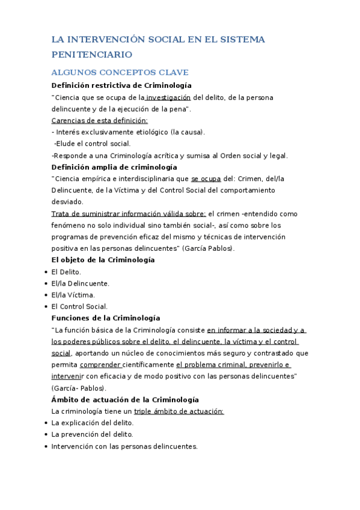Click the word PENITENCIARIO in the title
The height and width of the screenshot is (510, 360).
[x=88, y=55]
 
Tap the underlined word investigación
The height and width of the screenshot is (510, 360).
[x=168, y=97]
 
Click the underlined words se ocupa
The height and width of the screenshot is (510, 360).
[x=206, y=179]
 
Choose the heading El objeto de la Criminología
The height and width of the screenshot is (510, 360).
[x=103, y=260]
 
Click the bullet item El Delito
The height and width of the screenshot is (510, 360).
[x=66, y=272]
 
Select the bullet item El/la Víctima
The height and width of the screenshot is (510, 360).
[x=73, y=295]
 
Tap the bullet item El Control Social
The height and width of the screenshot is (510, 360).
[x=79, y=306]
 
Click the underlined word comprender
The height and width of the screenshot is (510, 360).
[x=100, y=364]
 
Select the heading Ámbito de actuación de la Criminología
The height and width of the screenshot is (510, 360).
[x=125, y=399]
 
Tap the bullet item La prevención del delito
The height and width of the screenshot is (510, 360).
[x=92, y=434]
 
